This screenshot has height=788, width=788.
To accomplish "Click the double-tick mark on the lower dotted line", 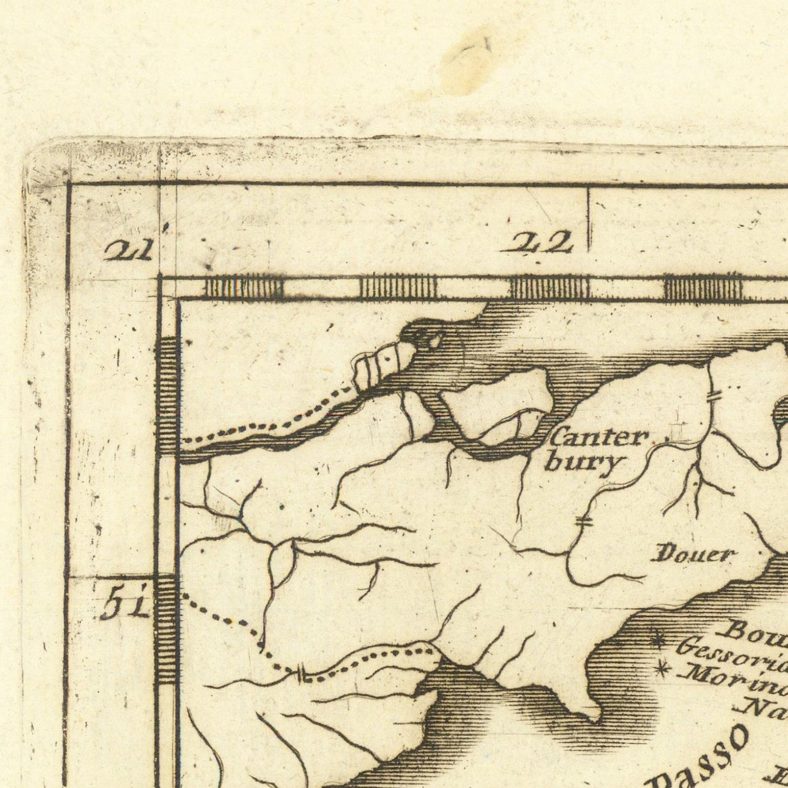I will click(x=300, y=675).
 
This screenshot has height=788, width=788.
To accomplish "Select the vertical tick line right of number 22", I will click(x=588, y=220).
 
